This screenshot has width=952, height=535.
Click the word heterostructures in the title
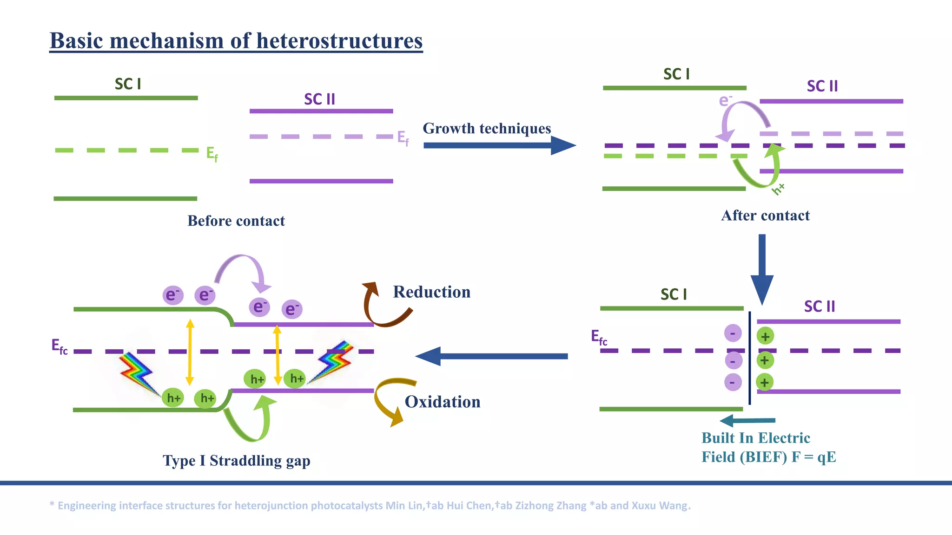(x=339, y=41)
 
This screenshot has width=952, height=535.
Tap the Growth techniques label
(x=487, y=128)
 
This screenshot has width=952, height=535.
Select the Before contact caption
(x=236, y=221)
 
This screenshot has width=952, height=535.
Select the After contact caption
(x=765, y=215)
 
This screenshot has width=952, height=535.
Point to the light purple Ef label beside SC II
(x=403, y=138)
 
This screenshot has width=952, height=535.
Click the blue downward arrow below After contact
(x=762, y=269)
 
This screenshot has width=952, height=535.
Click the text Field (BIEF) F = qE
(x=768, y=457)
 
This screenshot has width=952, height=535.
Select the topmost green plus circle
(x=765, y=336)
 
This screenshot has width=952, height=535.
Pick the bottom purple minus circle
(x=733, y=382)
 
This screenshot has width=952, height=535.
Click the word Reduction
(x=431, y=292)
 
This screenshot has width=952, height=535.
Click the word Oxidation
(x=442, y=402)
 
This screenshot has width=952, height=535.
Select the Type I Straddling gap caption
(x=236, y=461)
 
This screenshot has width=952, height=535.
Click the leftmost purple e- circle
(x=172, y=295)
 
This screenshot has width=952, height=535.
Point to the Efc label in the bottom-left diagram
(x=59, y=346)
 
